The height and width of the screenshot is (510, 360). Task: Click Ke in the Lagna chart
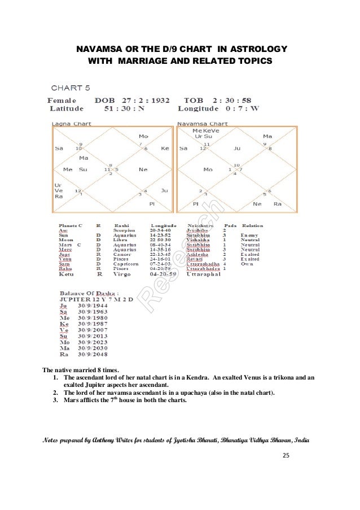tap(164, 149)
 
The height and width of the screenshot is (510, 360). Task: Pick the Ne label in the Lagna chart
tap(143, 169)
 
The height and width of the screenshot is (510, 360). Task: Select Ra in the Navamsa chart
tap(277, 203)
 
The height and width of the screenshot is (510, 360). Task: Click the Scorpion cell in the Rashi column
tap(124, 230)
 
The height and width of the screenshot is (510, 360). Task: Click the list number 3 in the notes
tap(55, 402)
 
